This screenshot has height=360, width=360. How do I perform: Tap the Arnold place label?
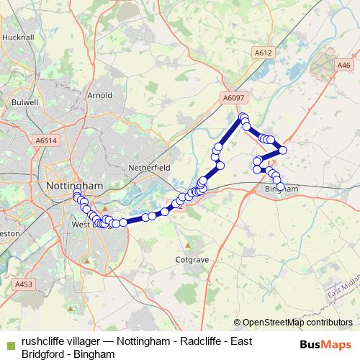(x=99, y=94)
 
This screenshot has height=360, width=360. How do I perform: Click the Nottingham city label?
(x=75, y=185)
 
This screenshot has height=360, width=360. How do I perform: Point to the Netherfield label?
(x=149, y=167)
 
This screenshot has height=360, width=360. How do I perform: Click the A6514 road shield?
(x=45, y=142)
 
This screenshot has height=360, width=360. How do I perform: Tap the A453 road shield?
(x=24, y=285)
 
